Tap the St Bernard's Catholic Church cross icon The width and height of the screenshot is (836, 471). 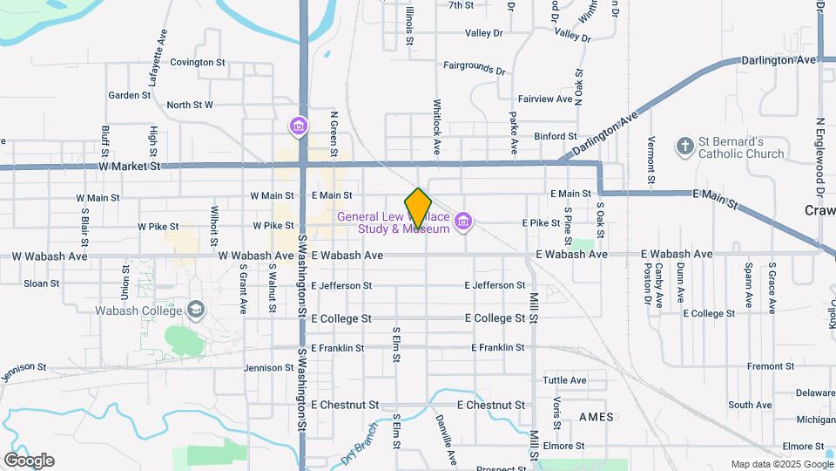[x=685, y=147]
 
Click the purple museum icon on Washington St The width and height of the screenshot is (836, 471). [x=299, y=127]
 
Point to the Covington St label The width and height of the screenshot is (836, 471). [x=198, y=63]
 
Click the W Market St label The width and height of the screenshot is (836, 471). [x=130, y=165]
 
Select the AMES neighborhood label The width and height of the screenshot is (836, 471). [x=597, y=417]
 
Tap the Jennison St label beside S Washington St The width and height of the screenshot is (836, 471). [x=269, y=369]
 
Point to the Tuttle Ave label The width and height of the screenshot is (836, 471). [x=564, y=380]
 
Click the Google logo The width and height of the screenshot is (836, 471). [x=29, y=461]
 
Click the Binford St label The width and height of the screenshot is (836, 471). [x=556, y=136]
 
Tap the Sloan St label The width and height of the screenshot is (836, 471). [x=41, y=283]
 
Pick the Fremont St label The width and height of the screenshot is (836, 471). [x=765, y=366]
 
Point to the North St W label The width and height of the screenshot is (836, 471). [x=190, y=105]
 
